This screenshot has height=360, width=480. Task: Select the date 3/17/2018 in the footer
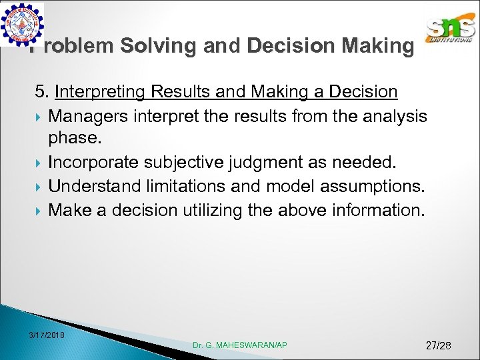pos(47,333)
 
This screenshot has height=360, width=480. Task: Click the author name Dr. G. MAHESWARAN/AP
pos(239,345)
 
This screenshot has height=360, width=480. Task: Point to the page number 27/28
pos(438,345)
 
